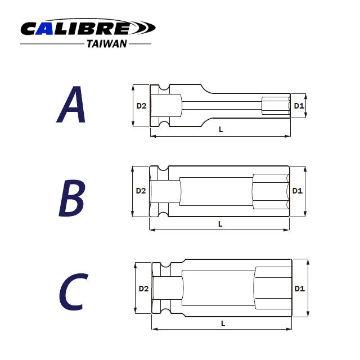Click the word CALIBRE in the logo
[75, 28]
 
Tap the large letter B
[71, 199]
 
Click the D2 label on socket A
[141, 106]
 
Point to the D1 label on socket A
[299, 106]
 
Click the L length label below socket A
[220, 129]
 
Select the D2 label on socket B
[141, 191]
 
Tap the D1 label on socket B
[298, 191]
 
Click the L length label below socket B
[220, 223]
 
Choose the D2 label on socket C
[143, 289]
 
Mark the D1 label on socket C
[299, 289]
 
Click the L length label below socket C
[223, 323]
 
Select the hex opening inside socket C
[273, 289]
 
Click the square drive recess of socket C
[167, 289]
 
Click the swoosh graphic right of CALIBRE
[143, 27]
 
